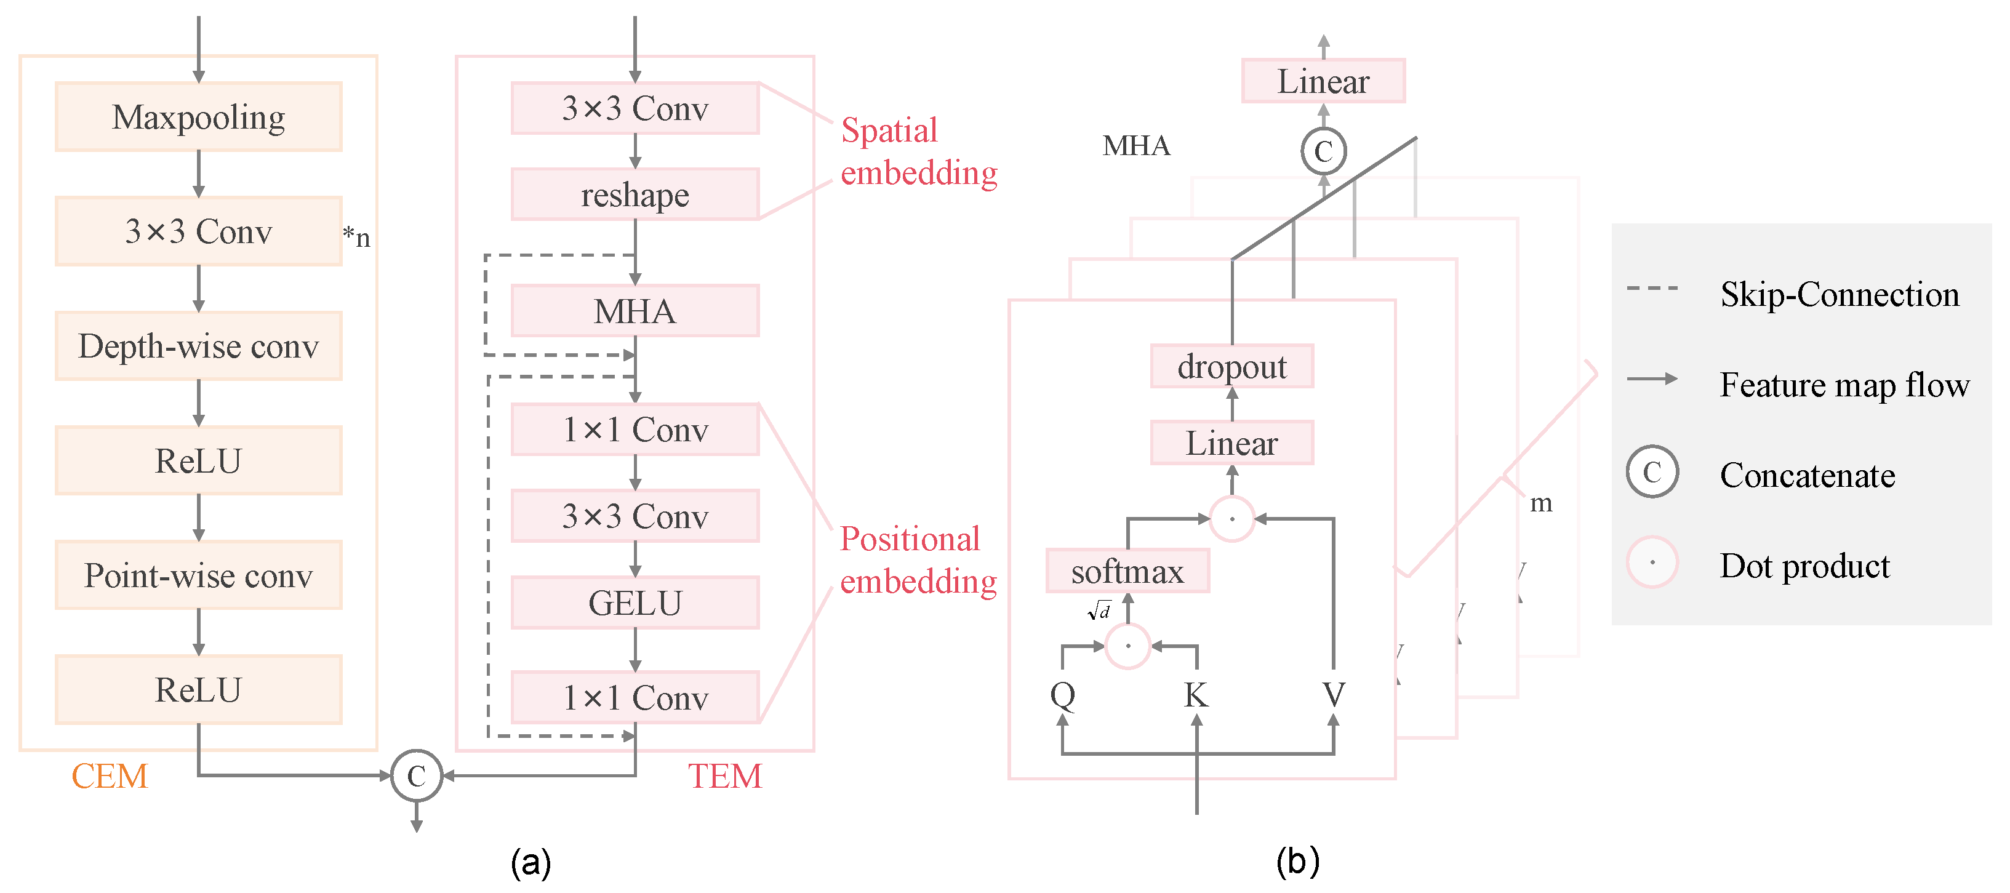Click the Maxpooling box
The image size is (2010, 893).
pyautogui.click(x=198, y=117)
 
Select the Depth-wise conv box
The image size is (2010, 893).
pyautogui.click(x=198, y=346)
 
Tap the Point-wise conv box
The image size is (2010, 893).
pyautogui.click(x=198, y=575)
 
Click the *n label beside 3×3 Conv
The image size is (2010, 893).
pyautogui.click(x=356, y=236)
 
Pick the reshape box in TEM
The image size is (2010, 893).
pyautogui.click(x=635, y=194)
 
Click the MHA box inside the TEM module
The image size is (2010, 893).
pyautogui.click(x=635, y=311)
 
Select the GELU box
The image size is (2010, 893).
pyautogui.click(x=635, y=603)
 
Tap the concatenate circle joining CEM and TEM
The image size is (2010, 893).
pyautogui.click(x=416, y=775)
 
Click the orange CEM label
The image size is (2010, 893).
pyautogui.click(x=110, y=776)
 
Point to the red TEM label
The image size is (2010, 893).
pyautogui.click(x=724, y=776)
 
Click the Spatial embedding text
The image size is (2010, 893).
pyautogui.click(x=918, y=151)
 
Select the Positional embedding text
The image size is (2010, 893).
pyautogui.click(x=917, y=559)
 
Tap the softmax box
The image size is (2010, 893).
pyautogui.click(x=1127, y=571)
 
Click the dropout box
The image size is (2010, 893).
pyautogui.click(x=1231, y=366)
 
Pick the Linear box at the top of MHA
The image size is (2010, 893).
pyautogui.click(x=1323, y=81)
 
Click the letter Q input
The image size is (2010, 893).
pyautogui.click(x=1062, y=694)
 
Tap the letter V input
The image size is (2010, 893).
pyautogui.click(x=1334, y=694)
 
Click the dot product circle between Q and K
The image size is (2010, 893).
pyautogui.click(x=1127, y=646)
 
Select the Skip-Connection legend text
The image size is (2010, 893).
pyautogui.click(x=1839, y=294)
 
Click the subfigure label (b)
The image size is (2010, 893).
pyautogui.click(x=1297, y=862)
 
